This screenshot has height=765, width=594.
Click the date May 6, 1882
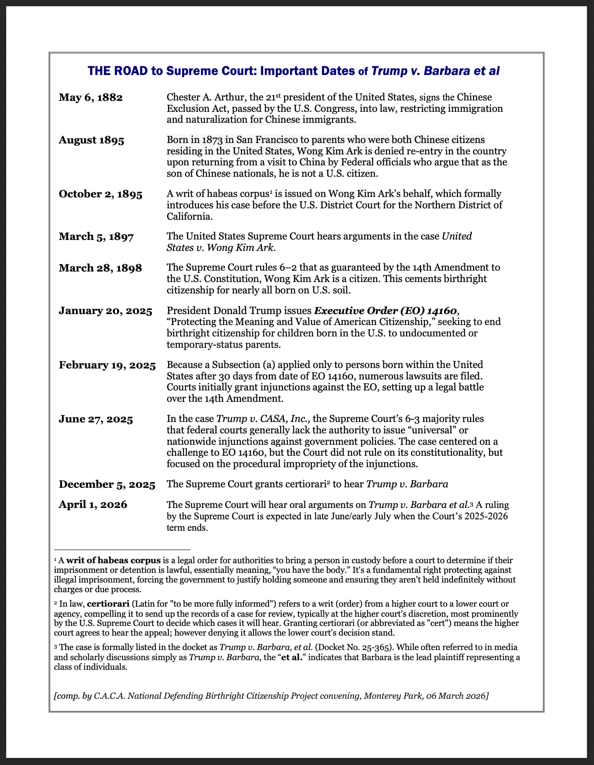click(x=91, y=97)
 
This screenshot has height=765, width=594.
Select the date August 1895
click(x=91, y=140)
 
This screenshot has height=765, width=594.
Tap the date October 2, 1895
click(x=100, y=194)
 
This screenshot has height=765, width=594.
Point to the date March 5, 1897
click(x=96, y=236)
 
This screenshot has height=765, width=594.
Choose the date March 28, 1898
click(x=100, y=268)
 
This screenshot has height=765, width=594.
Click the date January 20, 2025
click(x=105, y=311)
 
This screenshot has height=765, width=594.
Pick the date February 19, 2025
click(x=107, y=365)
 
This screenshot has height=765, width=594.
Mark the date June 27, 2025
click(x=96, y=419)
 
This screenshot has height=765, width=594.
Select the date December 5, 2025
click(x=107, y=484)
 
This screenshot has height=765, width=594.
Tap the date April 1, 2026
click(x=93, y=504)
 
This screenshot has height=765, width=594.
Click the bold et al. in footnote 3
click(x=291, y=657)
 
